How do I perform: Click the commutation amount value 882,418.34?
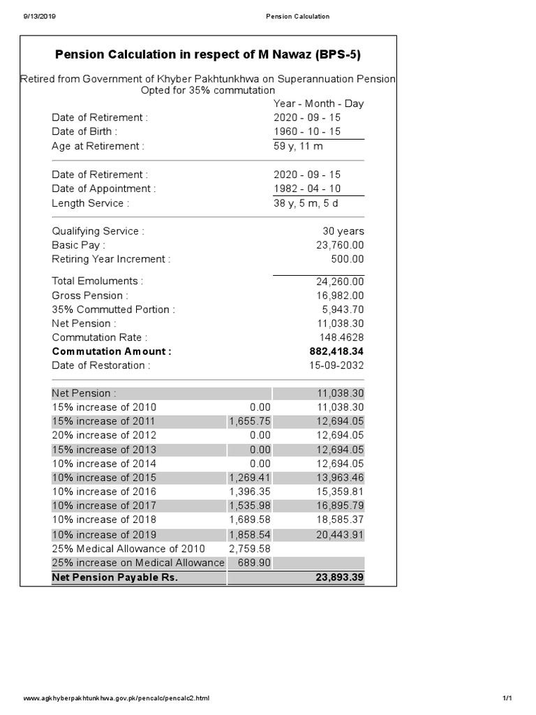click(x=336, y=351)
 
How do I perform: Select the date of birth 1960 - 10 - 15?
click(x=307, y=131)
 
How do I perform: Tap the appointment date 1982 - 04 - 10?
click(x=307, y=189)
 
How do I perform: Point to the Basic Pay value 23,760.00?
click(x=340, y=245)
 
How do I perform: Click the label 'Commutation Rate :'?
click(x=100, y=337)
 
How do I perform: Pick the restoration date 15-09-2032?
click(x=337, y=365)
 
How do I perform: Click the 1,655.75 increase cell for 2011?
click(x=250, y=421)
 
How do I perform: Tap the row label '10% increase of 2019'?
click(x=104, y=534)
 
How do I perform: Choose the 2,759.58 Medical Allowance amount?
click(x=250, y=548)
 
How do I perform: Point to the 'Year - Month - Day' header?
click(x=318, y=103)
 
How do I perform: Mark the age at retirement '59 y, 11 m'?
click(x=298, y=146)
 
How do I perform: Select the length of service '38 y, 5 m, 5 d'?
click(x=306, y=203)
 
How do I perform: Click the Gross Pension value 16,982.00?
click(x=340, y=295)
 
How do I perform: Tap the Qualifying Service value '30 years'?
click(x=343, y=231)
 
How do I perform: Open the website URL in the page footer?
click(x=117, y=698)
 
